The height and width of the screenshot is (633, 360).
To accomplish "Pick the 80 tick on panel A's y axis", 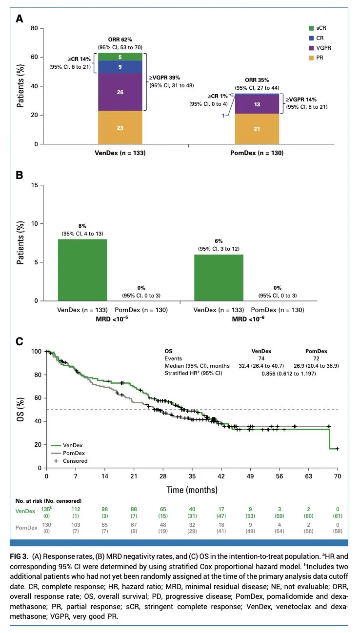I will (x=34, y=28).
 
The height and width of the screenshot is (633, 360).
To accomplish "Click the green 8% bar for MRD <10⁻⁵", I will (x=82, y=270).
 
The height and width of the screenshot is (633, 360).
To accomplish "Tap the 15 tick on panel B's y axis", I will (x=34, y=185).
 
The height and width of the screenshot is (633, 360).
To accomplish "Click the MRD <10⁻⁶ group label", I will (x=248, y=319).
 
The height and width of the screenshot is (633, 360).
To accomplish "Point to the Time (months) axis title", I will (x=192, y=490).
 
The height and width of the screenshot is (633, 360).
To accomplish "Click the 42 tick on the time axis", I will (x=221, y=476).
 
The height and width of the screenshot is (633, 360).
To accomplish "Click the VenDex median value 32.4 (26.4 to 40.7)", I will (x=261, y=366).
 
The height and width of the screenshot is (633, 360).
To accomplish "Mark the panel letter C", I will (x=20, y=341).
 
